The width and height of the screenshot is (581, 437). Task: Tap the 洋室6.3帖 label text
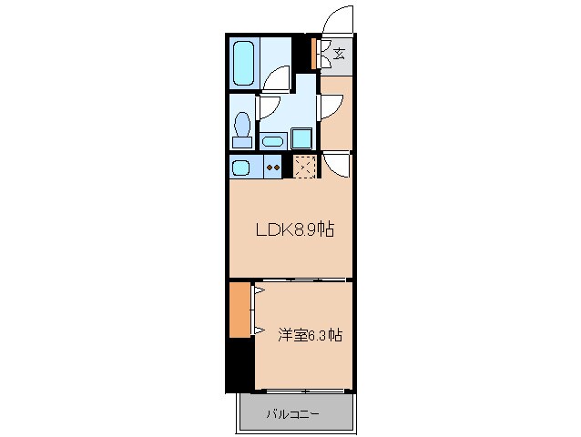[310, 334]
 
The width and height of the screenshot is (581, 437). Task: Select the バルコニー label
[292, 414]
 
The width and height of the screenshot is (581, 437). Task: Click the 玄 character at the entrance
[339, 54]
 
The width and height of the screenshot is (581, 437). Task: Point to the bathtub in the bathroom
[243, 62]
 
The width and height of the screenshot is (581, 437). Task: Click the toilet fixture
[242, 127]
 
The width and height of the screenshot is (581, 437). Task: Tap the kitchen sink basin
[240, 168]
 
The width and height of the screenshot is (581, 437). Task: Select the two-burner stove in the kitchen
[271, 168]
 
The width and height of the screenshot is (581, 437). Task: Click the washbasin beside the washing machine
[272, 141]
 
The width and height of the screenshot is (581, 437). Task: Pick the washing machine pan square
[302, 138]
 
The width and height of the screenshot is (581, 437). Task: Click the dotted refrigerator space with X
[304, 167]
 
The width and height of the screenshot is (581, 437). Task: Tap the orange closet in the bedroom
[240, 310]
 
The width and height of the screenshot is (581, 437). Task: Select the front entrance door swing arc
[337, 20]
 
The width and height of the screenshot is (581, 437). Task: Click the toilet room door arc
[268, 107]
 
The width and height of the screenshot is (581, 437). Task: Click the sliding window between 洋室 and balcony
[301, 391]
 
